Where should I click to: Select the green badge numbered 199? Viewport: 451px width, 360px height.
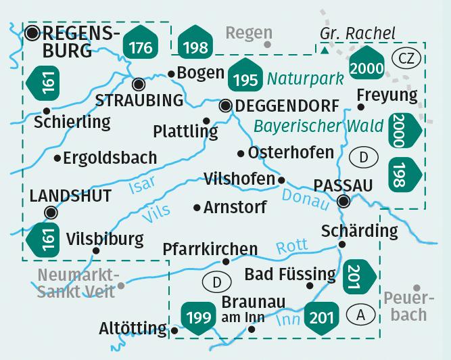pos(197,317)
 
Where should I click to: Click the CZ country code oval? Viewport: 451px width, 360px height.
pos(406,58)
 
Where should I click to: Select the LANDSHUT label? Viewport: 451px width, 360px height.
pos(71,196)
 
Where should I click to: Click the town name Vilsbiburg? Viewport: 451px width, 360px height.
pos(105,239)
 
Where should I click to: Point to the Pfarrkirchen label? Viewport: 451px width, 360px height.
pos(210,250)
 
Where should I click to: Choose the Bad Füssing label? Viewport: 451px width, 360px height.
pos(290,274)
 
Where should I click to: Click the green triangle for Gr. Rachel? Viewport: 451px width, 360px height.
pos(325,49)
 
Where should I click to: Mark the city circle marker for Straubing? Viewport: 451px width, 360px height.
pos(138,84)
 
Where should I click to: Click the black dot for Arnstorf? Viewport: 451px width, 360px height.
pos(197,207)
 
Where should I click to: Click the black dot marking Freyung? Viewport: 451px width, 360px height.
pos(362,106)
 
